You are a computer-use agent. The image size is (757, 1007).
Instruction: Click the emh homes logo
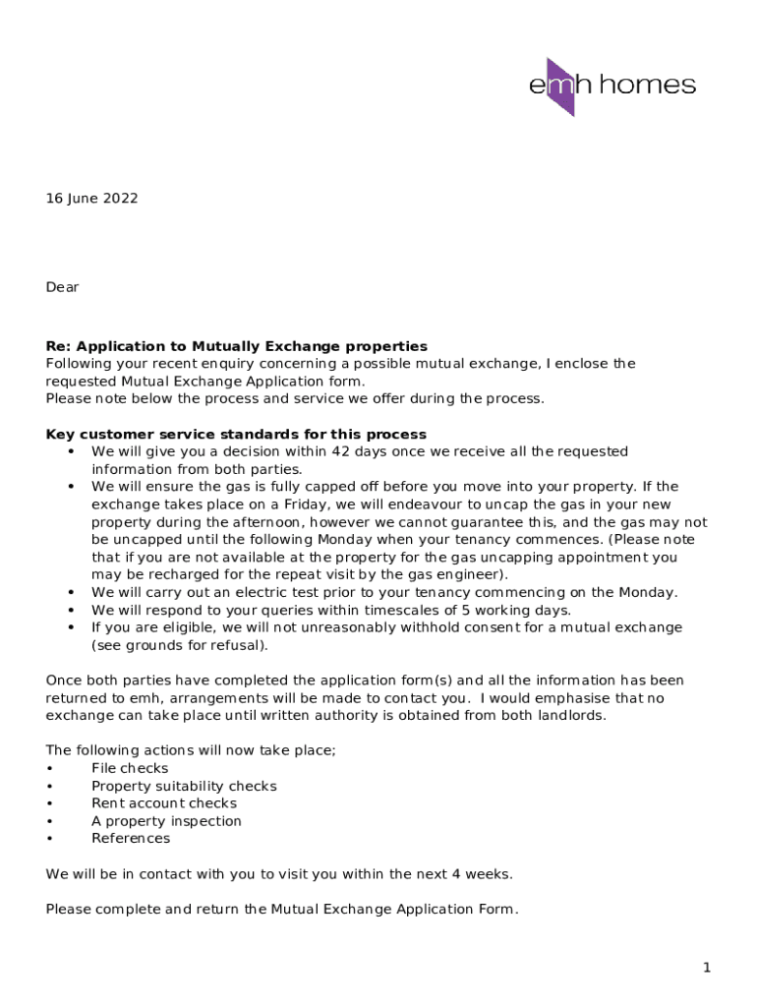point(611,86)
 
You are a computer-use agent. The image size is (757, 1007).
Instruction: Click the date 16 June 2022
point(91,199)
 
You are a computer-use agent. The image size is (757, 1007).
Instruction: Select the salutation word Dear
point(62,287)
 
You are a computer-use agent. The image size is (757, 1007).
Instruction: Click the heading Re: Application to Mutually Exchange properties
point(236,346)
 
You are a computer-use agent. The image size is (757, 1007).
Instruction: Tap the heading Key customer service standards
point(236,435)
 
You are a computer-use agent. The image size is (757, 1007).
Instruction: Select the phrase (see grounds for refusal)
point(179,645)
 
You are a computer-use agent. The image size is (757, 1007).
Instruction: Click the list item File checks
point(130,768)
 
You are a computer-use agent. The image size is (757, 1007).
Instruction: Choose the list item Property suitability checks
point(184,786)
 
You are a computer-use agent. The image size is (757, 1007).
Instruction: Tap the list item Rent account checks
point(164,803)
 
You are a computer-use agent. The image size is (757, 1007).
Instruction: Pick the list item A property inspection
point(166,821)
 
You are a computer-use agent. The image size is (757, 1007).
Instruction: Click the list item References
point(131,839)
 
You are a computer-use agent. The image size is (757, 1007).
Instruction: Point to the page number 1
point(706,969)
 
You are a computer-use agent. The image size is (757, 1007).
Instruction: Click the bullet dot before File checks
point(49,768)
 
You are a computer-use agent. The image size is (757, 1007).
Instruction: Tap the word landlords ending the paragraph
point(569,715)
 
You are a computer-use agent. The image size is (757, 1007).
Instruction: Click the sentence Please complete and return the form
point(281,910)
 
